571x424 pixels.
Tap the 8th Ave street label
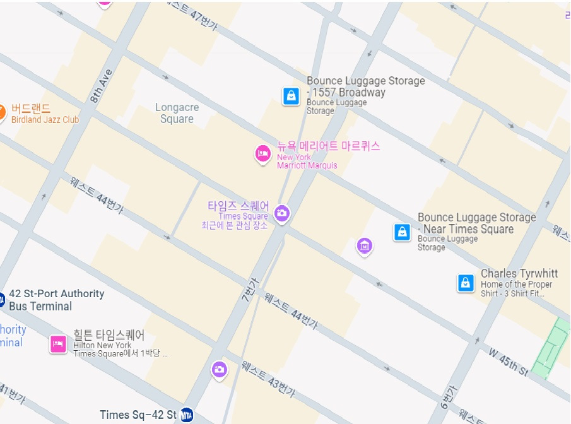click(100, 86)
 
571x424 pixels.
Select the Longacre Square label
click(177, 114)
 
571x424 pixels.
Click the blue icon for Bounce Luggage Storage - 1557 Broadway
click(291, 96)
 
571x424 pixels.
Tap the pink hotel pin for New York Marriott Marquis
click(262, 153)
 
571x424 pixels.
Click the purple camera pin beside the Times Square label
click(282, 213)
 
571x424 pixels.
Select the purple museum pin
click(364, 246)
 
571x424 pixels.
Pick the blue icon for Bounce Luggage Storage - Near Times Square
click(402, 232)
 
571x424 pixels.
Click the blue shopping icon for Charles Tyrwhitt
click(466, 283)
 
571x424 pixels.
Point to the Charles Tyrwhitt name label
click(519, 274)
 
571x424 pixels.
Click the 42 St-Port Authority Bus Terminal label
click(56, 300)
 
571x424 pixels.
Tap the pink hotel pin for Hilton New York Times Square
click(58, 344)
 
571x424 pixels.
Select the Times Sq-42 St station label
click(138, 415)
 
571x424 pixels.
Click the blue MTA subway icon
click(186, 415)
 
